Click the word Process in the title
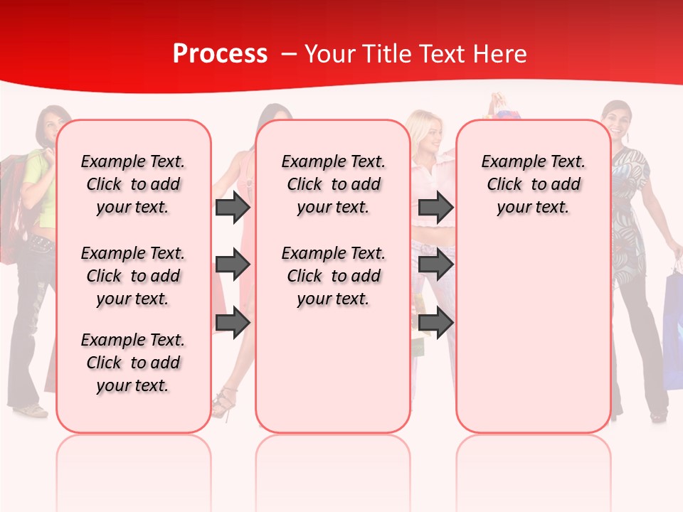click(x=220, y=54)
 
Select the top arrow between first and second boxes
click(x=233, y=208)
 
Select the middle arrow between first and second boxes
click(x=233, y=265)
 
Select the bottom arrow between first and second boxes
click(x=233, y=322)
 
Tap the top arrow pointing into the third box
click(x=435, y=208)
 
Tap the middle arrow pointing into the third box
click(x=435, y=265)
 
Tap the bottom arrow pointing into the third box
click(x=435, y=322)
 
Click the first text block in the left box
click(x=133, y=184)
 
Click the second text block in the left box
click(x=133, y=276)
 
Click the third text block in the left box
click(x=133, y=363)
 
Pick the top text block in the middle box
click(x=333, y=184)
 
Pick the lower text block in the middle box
click(x=333, y=276)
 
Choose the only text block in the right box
click(x=533, y=184)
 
